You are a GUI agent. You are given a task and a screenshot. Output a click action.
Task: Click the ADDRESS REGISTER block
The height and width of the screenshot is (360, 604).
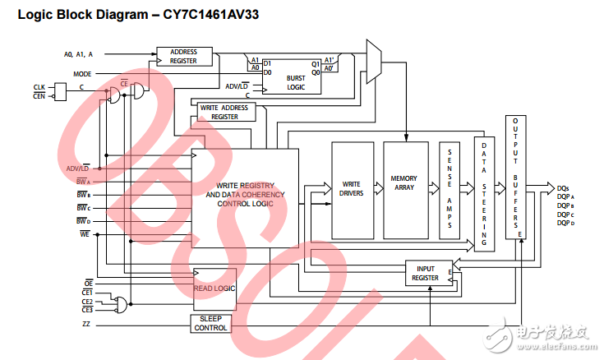click(183, 57)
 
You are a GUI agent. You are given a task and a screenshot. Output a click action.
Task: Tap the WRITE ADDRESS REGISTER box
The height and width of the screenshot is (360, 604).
click(224, 113)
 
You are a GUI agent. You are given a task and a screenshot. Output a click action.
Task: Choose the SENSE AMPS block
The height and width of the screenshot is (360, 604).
click(450, 188)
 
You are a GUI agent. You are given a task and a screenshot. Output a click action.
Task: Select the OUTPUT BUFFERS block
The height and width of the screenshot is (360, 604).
click(515, 177)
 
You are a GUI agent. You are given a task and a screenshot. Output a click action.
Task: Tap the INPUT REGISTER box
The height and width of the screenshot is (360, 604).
click(427, 274)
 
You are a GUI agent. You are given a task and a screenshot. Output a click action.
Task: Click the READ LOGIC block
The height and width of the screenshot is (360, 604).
click(214, 288)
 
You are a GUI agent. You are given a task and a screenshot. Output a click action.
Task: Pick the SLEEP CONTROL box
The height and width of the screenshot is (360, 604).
click(211, 323)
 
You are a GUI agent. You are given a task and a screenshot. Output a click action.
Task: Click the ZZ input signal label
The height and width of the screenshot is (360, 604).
click(86, 325)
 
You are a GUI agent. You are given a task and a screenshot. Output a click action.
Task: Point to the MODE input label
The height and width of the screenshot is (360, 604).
click(82, 73)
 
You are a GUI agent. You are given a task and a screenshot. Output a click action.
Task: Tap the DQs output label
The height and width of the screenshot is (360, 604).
click(564, 187)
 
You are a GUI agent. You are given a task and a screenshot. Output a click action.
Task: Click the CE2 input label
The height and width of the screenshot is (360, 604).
click(87, 301)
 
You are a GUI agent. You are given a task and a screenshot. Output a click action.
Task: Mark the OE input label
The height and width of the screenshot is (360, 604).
click(88, 283)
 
